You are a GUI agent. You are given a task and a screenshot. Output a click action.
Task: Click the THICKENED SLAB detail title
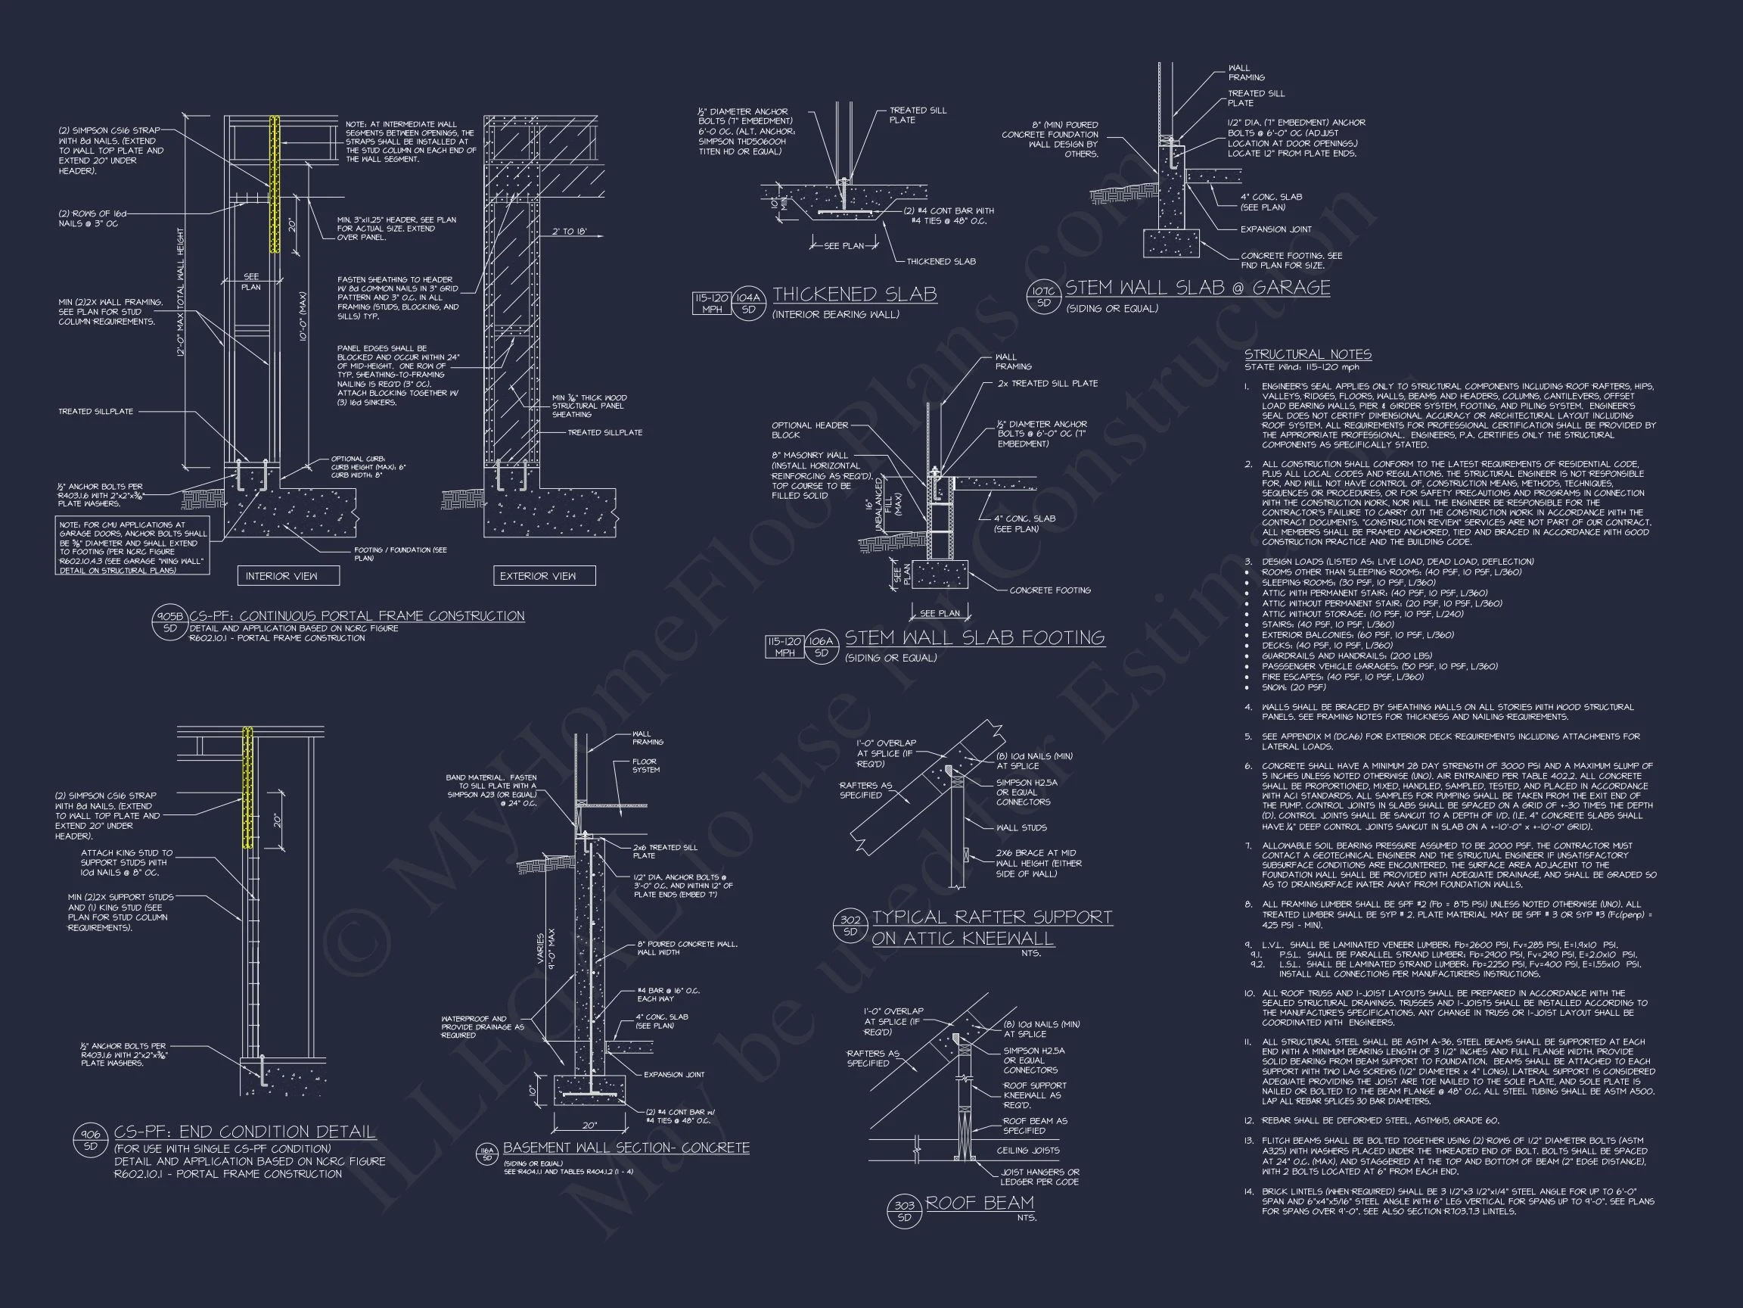coord(854,295)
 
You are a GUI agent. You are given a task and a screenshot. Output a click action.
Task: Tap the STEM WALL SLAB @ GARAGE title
coord(1197,288)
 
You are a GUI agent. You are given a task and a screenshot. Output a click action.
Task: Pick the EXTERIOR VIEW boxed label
coord(544,576)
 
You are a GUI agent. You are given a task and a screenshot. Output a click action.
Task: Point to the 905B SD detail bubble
coord(170,622)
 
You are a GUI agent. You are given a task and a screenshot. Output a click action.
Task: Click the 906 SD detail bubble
coord(91,1140)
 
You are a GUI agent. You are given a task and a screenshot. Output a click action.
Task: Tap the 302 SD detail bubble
coord(850,926)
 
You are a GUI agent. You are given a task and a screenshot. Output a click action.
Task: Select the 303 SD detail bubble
coord(905,1210)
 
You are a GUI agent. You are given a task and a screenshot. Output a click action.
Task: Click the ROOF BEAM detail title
coord(980,1203)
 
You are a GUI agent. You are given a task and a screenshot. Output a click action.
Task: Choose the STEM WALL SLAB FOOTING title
coord(974,638)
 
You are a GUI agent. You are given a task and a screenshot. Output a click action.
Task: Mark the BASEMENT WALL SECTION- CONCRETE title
coord(626,1148)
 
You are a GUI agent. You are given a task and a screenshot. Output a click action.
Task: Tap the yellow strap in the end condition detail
coord(247,787)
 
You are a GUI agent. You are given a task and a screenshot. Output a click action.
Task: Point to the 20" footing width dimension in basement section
coord(589,1126)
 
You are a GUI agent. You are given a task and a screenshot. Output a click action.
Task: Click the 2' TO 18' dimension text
coord(568,232)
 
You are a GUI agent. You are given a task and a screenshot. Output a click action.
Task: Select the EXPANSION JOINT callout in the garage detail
coord(1275,229)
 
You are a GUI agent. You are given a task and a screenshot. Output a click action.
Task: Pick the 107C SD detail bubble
coord(1044,297)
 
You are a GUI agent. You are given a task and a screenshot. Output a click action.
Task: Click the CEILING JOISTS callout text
coord(1027,1151)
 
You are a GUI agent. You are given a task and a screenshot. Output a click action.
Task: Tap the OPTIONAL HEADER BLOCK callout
coord(809,430)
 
